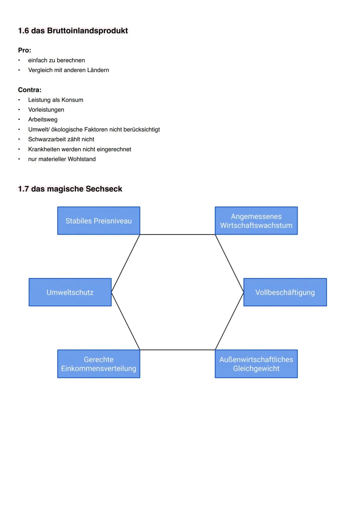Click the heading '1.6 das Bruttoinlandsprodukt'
coord(73,31)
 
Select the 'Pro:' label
coord(24,50)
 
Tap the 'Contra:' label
coord(30,90)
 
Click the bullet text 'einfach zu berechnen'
coord(56,60)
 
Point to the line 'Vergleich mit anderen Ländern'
coord(68,70)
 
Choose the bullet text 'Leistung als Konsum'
coord(56,100)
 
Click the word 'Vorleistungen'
coord(46,110)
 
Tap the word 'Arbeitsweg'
coord(43,120)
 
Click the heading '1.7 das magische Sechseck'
coord(70,189)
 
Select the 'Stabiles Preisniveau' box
coord(98,221)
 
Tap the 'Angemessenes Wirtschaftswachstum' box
coord(256,221)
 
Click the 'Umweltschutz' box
coord(70,292)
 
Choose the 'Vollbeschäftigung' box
coord(285,292)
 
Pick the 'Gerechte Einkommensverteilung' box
coord(98,364)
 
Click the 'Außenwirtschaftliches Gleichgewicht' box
coord(256,364)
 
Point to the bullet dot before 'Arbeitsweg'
coord(19,120)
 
